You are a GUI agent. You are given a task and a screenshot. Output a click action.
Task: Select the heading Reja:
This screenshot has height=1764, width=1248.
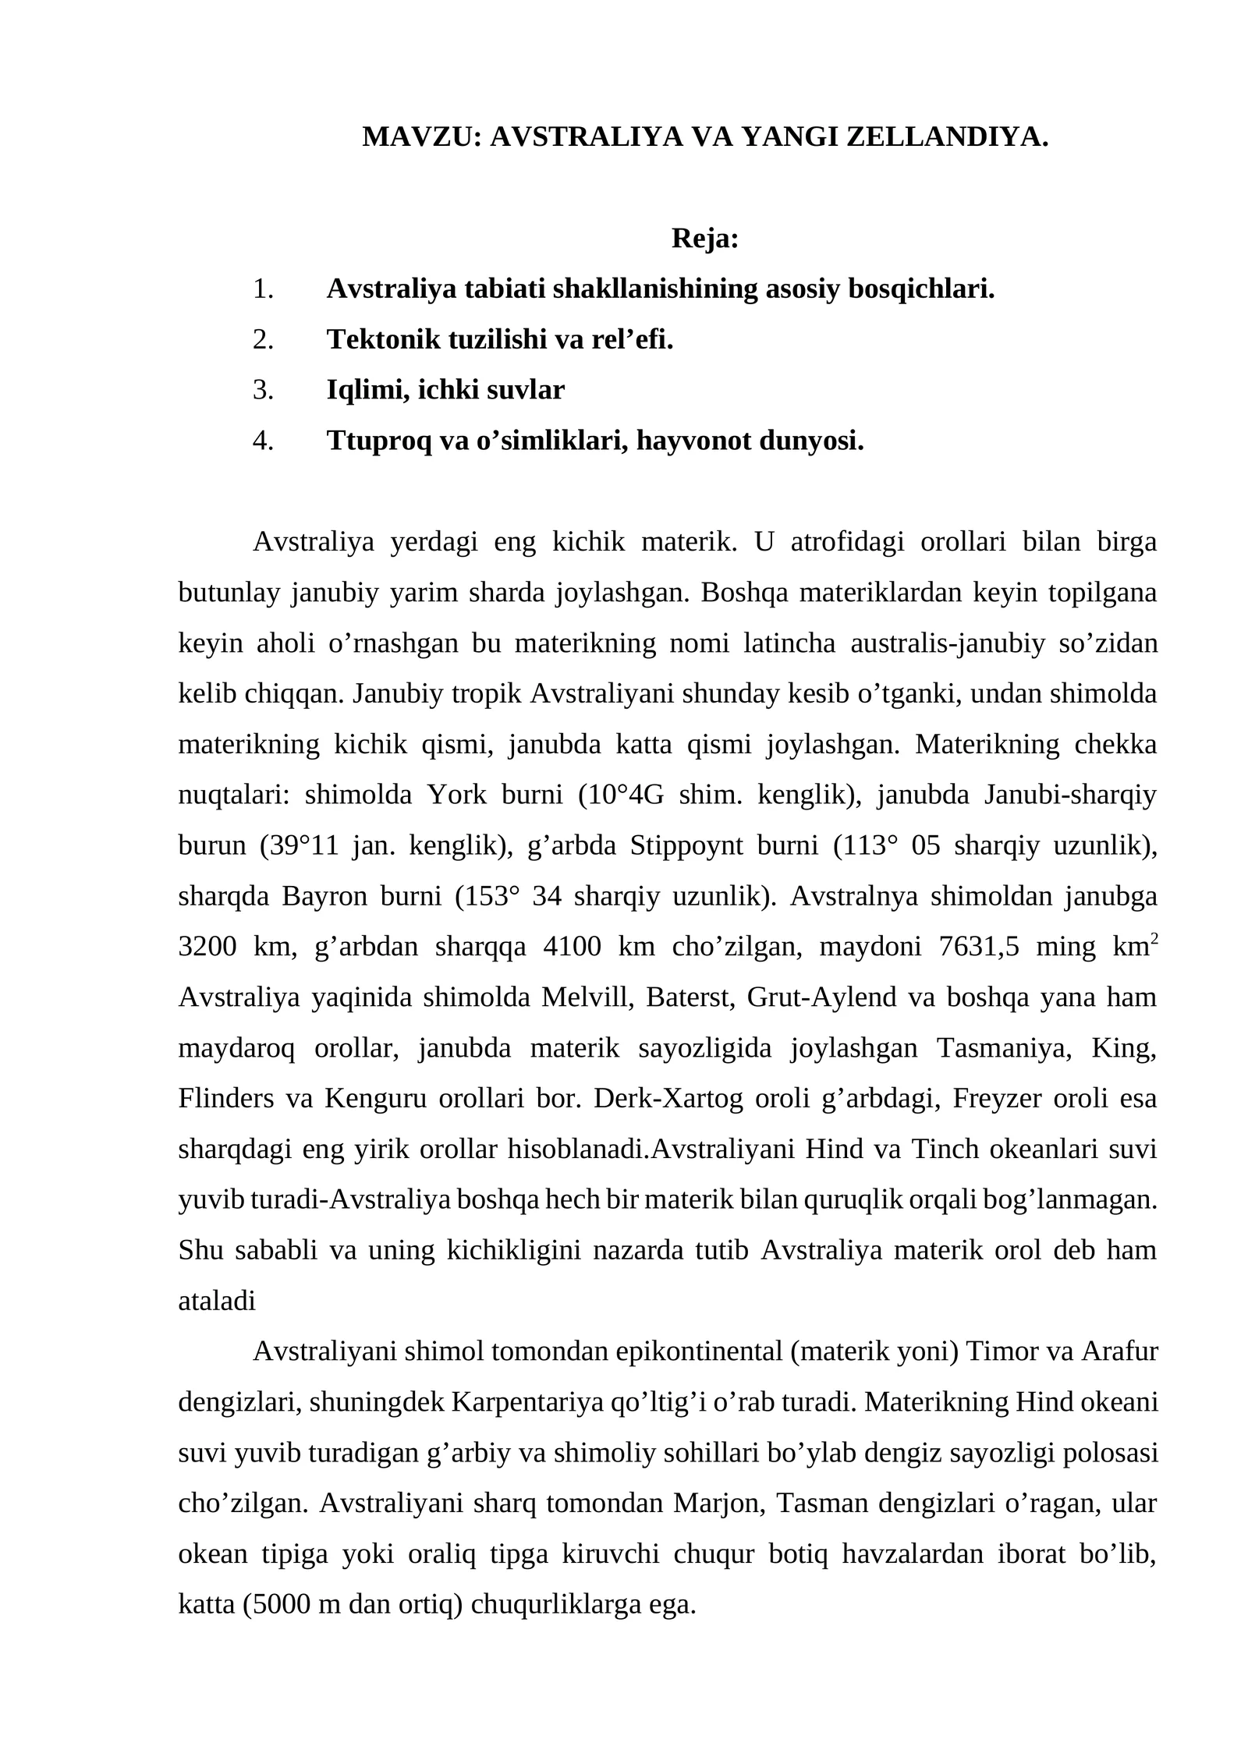click(704, 239)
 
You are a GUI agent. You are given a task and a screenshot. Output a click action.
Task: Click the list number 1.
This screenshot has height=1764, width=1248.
click(262, 289)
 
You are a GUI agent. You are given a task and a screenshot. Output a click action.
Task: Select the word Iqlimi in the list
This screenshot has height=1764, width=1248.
click(367, 390)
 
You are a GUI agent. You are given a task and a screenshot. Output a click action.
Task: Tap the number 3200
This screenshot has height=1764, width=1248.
click(207, 947)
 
